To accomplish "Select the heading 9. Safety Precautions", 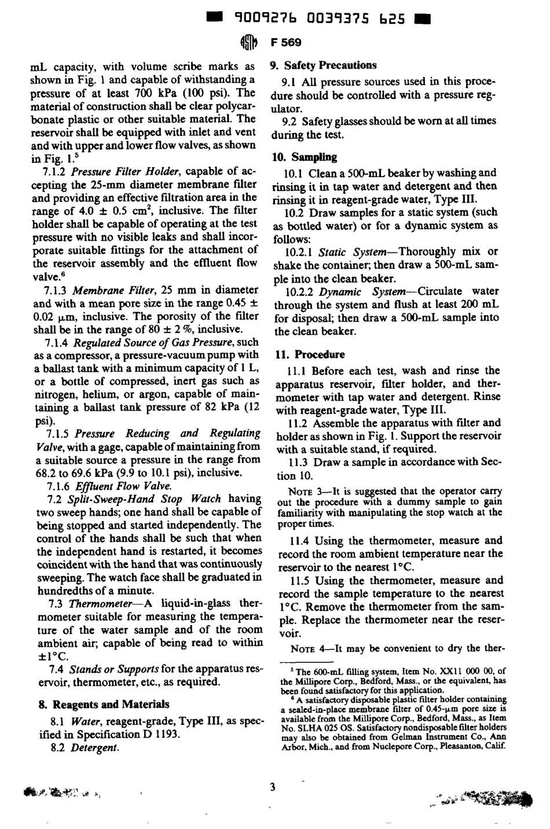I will [324, 65].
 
